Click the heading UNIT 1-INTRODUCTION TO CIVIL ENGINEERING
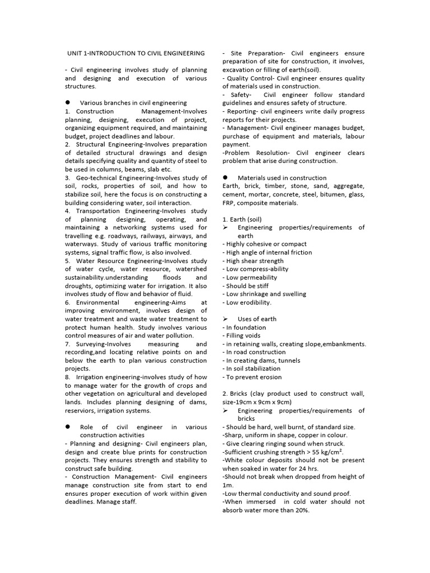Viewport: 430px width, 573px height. coord(136,53)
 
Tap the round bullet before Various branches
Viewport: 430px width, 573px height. coord(68,103)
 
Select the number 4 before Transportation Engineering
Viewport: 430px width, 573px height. coord(67,211)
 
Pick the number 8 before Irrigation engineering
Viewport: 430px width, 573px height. coord(67,377)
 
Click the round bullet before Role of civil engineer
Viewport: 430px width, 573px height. coord(68,426)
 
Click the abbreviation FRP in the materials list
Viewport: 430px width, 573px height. coord(230,203)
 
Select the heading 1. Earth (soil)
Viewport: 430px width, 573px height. coord(242,219)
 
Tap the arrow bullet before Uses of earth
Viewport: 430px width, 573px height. coord(226,319)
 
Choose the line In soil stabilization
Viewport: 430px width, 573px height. coord(252,369)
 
